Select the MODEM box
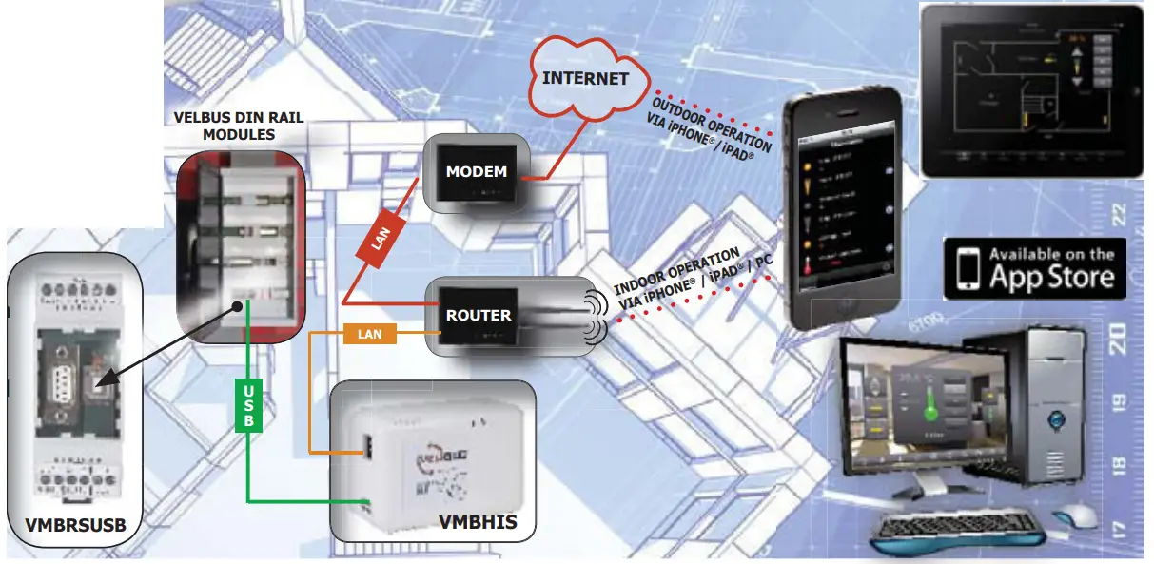pos(477,172)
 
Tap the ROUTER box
pos(479,315)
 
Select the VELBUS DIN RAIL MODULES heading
pos(239,126)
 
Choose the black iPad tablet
pos(1032,90)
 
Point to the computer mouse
pos(1075,515)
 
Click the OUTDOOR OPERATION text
pos(710,119)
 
